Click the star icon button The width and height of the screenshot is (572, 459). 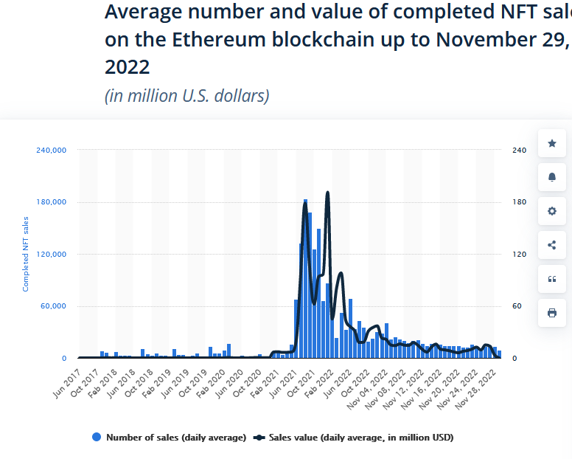click(551, 143)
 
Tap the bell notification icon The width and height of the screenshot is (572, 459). click(551, 177)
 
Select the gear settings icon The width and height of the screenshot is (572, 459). click(551, 211)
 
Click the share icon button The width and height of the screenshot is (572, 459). click(551, 245)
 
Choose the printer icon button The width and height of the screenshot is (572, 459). click(551, 313)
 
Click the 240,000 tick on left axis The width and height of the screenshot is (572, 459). click(52, 151)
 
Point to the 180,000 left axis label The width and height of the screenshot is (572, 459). click(52, 202)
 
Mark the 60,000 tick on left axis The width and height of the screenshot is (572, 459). click(54, 306)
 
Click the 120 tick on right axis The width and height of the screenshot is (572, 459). click(519, 255)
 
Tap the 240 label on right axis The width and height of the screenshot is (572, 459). click(519, 151)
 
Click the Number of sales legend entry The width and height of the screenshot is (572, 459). click(169, 438)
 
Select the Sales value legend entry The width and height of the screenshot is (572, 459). click(353, 438)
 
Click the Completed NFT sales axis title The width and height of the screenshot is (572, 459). click(26, 254)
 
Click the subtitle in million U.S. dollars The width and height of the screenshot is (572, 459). click(186, 96)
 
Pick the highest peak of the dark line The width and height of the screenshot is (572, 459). click(327, 193)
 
